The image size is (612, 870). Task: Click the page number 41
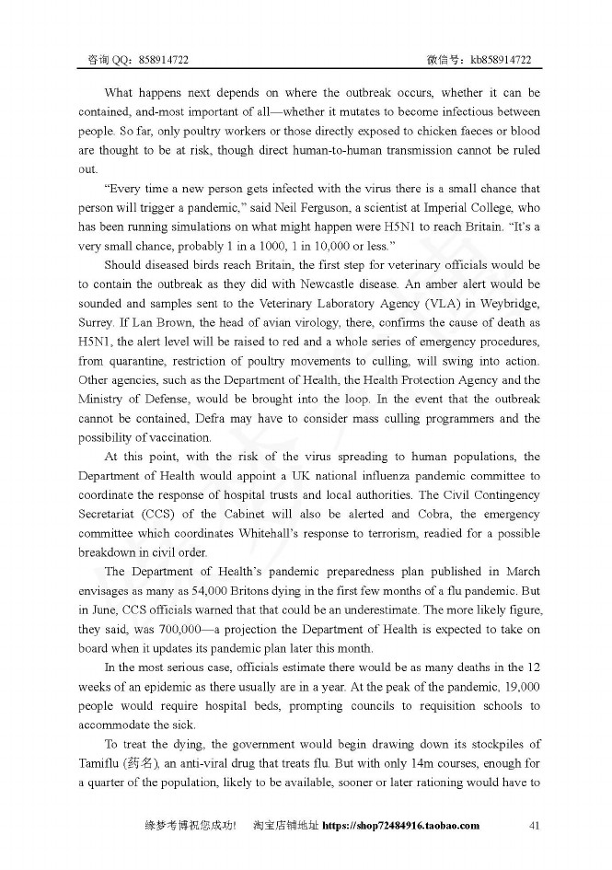click(533, 826)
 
